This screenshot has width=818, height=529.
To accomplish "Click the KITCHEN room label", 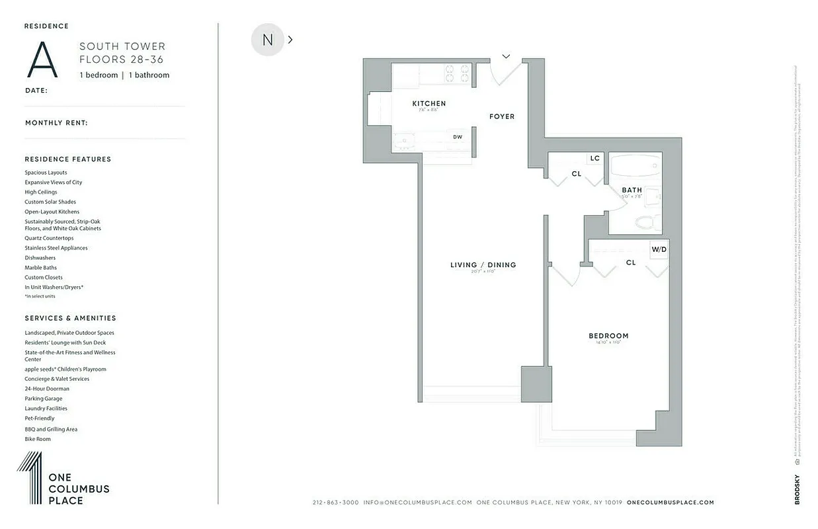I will coord(429,104).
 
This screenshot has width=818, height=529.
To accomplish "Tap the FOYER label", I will coord(501,116).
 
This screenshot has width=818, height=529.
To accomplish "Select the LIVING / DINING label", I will coord(483,265).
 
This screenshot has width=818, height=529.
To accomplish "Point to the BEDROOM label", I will coord(608,336).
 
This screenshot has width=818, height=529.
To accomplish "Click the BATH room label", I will coord(632,190).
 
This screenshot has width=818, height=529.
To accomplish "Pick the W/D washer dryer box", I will coord(659,250).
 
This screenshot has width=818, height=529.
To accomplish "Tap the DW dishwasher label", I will coord(458,138).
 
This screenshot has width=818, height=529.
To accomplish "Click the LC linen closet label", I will coord(594,159).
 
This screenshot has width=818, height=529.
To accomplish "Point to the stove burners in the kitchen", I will coord(456,73).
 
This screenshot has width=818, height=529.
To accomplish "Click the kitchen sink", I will coord(402,139).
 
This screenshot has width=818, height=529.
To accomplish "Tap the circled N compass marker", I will coord(267,40).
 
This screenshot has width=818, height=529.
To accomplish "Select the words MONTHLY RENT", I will coord(56,123).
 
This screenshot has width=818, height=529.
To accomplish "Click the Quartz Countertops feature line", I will coord(49,238).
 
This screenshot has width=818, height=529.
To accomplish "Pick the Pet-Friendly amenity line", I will coord(40,419).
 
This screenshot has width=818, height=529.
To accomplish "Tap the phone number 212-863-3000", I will coord(335,503).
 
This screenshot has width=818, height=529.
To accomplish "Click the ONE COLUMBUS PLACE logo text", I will coord(79,489).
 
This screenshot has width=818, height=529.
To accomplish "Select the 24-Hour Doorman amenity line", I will coord(47,389).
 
